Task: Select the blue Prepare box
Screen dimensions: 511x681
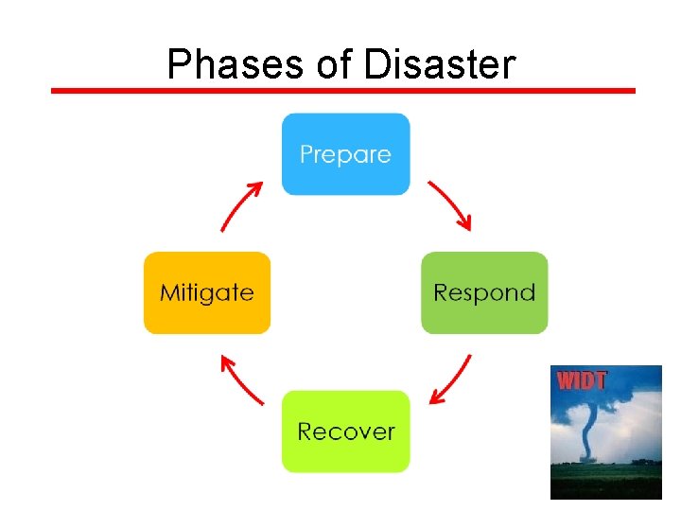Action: pos(345,154)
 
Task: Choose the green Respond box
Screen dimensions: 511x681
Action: pos(483,292)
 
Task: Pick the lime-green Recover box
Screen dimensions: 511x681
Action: pos(345,432)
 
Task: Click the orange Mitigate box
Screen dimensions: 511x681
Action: pos(206,292)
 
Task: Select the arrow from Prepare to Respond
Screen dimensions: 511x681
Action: pos(449,205)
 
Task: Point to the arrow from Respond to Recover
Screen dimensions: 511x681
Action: pos(450,379)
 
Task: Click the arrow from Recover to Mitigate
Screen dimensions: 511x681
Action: pos(241,379)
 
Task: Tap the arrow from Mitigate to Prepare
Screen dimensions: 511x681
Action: pos(241,206)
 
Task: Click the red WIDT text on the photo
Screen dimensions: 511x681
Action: pos(582,381)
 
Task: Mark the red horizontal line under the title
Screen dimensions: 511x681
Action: pos(342,91)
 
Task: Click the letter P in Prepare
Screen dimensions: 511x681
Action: pos(306,154)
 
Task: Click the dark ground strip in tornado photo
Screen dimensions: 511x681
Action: pos(606,481)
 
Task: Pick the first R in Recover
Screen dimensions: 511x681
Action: pos(306,432)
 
